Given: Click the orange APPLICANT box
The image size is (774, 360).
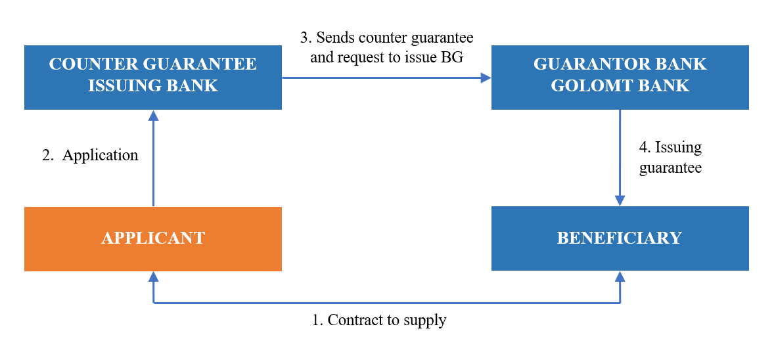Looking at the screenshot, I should [152, 238].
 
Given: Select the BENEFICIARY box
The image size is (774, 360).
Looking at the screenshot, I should [620, 238].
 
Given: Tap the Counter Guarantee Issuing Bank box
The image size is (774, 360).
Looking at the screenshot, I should [152, 77].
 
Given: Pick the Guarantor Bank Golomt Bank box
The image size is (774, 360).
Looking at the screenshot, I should [620, 77].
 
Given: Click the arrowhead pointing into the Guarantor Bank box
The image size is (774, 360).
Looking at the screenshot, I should [486, 78].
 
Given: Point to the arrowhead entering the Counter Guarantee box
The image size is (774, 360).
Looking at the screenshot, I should [153, 115].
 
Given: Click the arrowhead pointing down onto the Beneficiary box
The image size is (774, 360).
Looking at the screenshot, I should [620, 201].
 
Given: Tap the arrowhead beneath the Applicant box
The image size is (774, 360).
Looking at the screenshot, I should [153, 277].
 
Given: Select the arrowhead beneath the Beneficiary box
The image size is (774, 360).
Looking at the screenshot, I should [620, 277].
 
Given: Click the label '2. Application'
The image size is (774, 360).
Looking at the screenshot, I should [90, 156].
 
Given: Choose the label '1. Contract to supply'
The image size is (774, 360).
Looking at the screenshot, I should [379, 321].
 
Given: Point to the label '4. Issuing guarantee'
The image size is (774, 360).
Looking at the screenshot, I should [670, 157].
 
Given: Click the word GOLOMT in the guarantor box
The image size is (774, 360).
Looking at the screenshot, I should [584, 85].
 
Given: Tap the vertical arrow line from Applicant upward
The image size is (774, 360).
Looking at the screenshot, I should [153, 164].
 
